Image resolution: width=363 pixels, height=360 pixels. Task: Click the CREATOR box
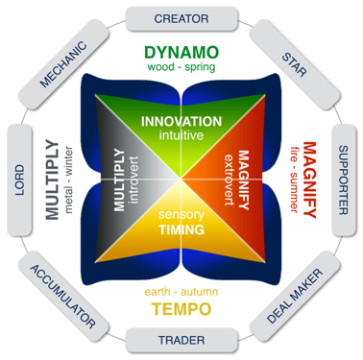(181, 18)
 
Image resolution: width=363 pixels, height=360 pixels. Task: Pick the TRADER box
(181, 339)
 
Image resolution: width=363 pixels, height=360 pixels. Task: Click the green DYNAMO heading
(181, 52)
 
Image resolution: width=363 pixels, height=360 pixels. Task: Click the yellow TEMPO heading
(181, 308)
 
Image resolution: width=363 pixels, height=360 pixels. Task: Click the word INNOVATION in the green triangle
(181, 123)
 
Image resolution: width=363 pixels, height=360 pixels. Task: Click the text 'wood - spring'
(181, 68)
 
